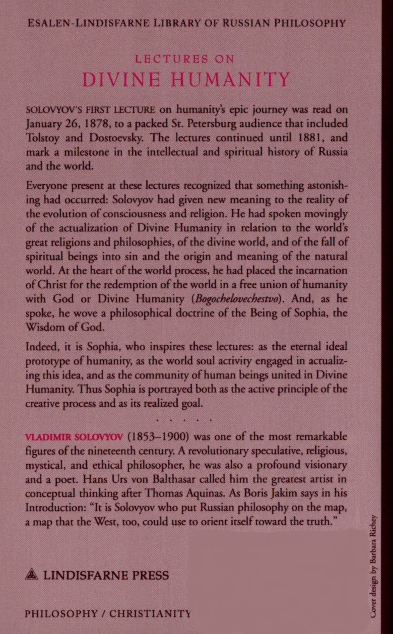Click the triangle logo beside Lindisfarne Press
[x=32, y=575]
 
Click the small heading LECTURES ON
[x=185, y=59]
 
